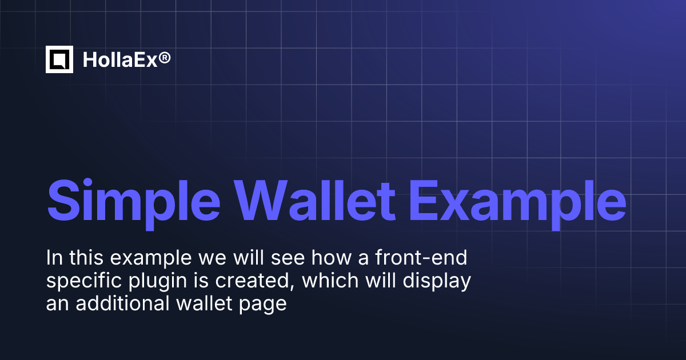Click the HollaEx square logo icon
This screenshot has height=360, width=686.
pos(59,59)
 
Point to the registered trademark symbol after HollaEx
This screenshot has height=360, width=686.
pos(165,58)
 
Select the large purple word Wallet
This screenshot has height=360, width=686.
pos(314,200)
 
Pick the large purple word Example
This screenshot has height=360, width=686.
pos(517,204)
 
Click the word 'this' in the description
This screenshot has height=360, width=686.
pos(86,258)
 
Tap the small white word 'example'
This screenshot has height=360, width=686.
pos(151,259)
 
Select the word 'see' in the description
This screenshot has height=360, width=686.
pos(288,259)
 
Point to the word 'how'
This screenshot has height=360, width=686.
pos(332,258)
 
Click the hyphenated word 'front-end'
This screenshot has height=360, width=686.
pos(421,257)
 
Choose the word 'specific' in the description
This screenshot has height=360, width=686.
pos(84,282)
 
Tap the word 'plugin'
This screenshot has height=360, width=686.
pos(157,282)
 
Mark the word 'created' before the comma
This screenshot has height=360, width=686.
pos(253,281)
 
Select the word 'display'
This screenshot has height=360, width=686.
pos(437,282)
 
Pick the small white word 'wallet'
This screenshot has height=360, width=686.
pos(204,303)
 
